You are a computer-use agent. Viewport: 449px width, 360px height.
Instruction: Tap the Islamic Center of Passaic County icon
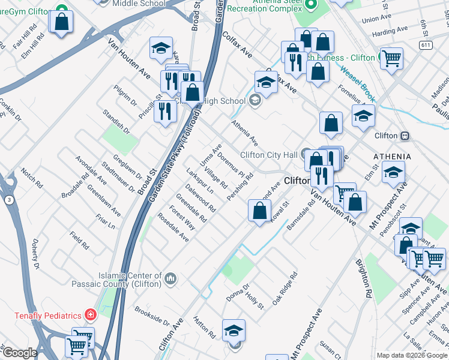[x=170, y=278]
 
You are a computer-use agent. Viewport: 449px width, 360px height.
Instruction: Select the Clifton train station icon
[x=405, y=136]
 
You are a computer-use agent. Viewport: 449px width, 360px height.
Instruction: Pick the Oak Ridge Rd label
[x=285, y=289]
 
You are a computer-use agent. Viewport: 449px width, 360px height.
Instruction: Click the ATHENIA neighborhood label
[x=392, y=156]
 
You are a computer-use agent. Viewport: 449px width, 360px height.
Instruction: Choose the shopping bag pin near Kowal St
[x=259, y=211]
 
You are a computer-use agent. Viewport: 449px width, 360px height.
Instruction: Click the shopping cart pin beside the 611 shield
[x=391, y=59]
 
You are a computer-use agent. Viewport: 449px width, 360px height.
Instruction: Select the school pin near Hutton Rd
[x=234, y=329]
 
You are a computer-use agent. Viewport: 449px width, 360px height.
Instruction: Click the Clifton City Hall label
[x=268, y=155]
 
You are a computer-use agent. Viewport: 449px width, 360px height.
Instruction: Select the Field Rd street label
[x=79, y=240]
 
